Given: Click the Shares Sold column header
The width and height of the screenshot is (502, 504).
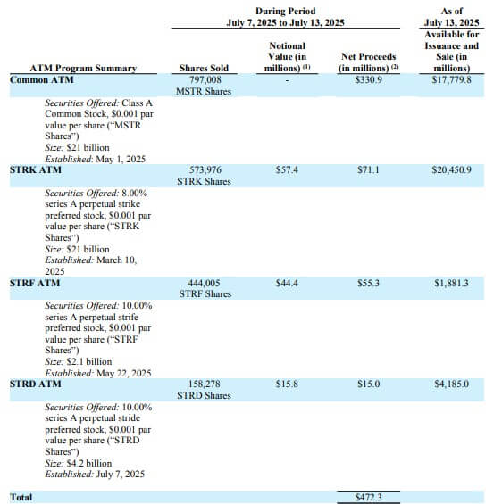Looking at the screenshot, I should coord(205,68).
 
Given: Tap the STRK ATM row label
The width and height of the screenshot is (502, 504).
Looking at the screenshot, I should coord(35,169).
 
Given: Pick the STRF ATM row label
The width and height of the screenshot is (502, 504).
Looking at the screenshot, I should coord(35,283).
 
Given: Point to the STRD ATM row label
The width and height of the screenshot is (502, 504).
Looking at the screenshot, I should coord(35,384).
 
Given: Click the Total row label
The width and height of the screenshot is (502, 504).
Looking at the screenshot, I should coord(21,496).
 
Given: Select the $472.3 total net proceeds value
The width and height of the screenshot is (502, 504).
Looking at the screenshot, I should coord(363,497).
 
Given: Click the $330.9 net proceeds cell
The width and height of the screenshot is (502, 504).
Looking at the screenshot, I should coord(363,79).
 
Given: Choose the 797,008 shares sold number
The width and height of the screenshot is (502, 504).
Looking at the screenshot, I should coord(205,79).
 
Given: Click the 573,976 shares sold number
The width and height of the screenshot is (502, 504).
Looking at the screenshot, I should coord(205,169).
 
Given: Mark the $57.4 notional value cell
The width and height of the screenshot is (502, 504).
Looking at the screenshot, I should coord(287,169).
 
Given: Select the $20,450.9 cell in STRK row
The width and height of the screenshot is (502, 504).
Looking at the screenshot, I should coord(458,169).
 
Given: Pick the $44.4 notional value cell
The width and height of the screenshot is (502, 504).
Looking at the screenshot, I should coord(287,283).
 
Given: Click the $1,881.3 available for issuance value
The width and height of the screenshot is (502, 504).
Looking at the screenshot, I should coord(458,283).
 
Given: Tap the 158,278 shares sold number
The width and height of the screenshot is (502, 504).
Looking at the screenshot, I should coord(205,384).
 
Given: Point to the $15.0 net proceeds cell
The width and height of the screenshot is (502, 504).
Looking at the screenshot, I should coord(363,384).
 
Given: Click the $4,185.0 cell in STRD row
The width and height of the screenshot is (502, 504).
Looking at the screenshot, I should coord(458,384).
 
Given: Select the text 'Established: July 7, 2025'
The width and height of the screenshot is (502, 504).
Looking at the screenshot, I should coord(97,475).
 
